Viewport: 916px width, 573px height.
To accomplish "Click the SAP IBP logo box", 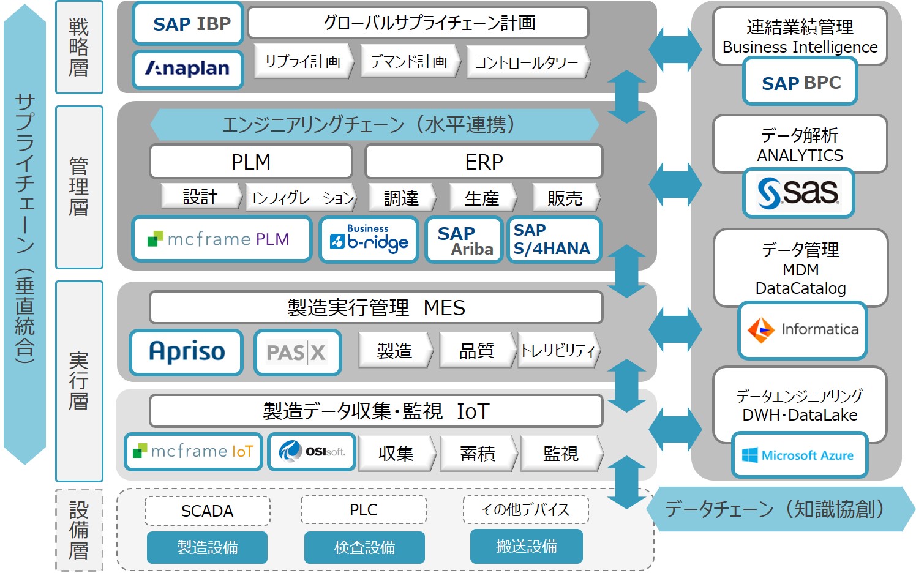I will click(189, 24).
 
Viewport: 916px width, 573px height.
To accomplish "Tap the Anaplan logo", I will click(188, 69).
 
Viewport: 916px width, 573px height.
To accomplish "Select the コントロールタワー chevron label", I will click(527, 62).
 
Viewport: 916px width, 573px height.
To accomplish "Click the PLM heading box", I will click(251, 162).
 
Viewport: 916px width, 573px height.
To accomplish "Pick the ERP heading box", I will click(484, 162).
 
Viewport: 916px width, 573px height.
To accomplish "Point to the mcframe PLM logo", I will click(222, 239).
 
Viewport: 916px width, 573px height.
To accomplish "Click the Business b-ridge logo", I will click(369, 239).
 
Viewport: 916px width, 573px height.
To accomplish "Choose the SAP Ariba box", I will click(464, 240).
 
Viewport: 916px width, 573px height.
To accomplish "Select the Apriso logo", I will click(186, 352).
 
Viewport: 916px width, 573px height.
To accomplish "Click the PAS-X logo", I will click(298, 352).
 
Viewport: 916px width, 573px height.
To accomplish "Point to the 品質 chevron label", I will click(476, 350).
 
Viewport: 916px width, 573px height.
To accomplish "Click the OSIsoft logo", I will click(312, 452).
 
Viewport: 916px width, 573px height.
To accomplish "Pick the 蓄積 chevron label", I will click(478, 453).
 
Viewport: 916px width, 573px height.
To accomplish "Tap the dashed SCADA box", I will click(207, 511).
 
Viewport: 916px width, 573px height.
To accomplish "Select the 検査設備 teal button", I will click(364, 547).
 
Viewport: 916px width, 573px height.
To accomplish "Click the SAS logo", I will click(798, 193).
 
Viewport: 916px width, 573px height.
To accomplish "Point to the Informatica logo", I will click(802, 330).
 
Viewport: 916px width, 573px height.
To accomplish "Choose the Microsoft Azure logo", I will click(799, 455).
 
